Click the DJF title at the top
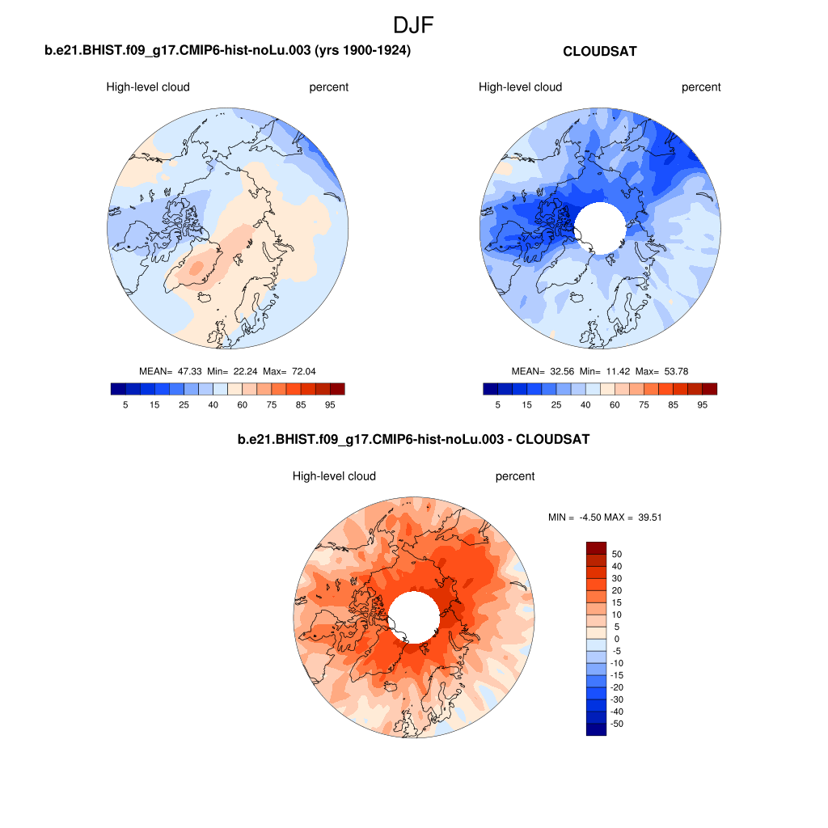click(413, 25)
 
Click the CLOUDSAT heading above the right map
click(599, 52)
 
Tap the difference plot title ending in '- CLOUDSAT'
click(413, 440)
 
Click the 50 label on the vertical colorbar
click(617, 554)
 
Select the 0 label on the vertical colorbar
click(617, 639)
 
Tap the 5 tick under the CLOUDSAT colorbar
click(498, 404)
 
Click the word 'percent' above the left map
click(329, 87)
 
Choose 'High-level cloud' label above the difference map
click(334, 476)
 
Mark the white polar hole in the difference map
click(413, 616)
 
